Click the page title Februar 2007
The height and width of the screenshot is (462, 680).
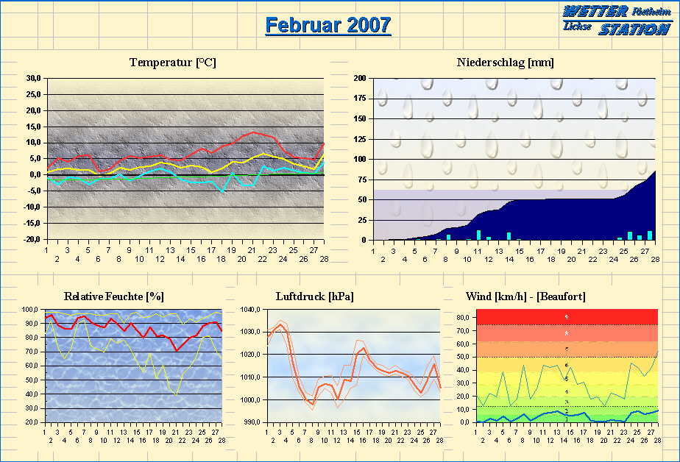tap(327, 25)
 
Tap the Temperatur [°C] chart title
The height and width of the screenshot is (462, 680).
tap(173, 63)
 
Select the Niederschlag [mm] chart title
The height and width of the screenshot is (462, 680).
tap(505, 63)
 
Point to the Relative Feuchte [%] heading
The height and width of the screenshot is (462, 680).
tap(114, 296)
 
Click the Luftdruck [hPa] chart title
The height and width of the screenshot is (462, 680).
tap(314, 296)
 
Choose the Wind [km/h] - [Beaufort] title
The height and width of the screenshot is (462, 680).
tap(525, 296)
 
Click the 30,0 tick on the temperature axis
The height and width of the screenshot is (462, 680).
tap(32, 78)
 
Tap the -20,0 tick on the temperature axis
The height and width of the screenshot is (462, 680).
tap(32, 240)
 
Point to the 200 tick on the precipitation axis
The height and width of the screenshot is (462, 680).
tap(360, 78)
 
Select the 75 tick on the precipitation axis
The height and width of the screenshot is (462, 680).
tap(362, 180)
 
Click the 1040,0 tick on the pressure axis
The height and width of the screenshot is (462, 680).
tap(251, 310)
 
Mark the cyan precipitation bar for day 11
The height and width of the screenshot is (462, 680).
tap(478, 235)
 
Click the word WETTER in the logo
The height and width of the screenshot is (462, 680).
tap(595, 12)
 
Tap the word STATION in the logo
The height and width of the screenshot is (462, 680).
tap(634, 29)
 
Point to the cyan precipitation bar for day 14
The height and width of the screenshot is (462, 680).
tap(509, 236)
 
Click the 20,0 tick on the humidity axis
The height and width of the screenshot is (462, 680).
tap(32, 422)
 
